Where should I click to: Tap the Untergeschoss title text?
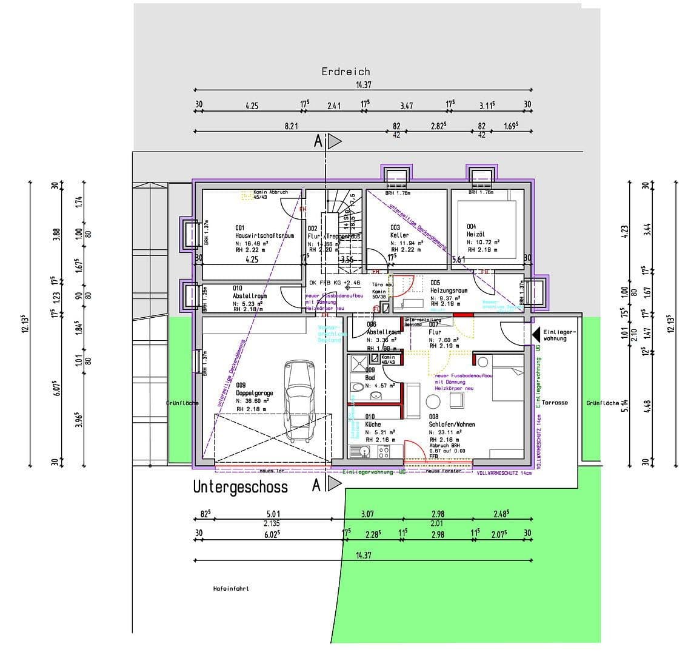pos(241,486)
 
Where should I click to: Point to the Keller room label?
pos(400,235)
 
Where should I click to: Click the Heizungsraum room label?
pos(449,291)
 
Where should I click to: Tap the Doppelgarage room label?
pos(255,393)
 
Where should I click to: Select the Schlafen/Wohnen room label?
pos(452,425)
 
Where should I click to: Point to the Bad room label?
pos(370,378)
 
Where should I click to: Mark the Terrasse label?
pos(555,403)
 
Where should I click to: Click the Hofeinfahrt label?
pos(231,588)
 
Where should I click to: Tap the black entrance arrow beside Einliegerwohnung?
pos(536,334)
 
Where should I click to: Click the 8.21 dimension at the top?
pos(292,126)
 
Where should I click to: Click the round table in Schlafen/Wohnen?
pos(433,401)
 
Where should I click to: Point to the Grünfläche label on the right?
pos(603,403)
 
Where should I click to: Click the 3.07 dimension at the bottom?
pos(367,514)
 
